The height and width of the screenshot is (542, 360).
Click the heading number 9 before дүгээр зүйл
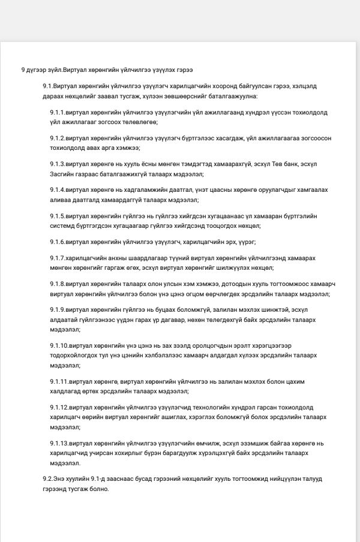[x=23, y=70]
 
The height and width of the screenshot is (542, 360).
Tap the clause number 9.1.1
[x=58, y=112]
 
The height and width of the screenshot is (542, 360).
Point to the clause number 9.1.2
[x=58, y=137]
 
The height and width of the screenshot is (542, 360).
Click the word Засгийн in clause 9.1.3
[x=62, y=174]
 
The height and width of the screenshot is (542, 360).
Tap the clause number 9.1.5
[x=58, y=216]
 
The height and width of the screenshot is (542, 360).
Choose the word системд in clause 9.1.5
[x=62, y=225]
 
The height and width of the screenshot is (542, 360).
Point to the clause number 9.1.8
[x=58, y=284]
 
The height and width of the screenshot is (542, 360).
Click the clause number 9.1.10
[x=59, y=345]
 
